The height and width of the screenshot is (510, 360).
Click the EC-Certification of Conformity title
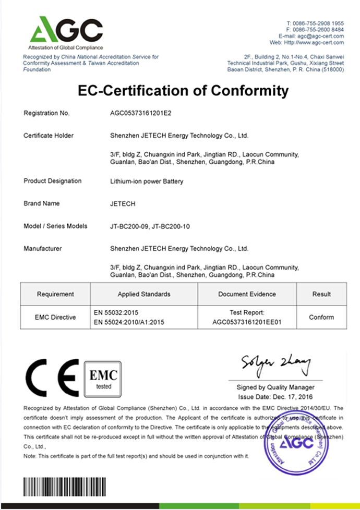[x=183, y=91]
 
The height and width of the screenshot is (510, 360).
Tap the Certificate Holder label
[x=49, y=136]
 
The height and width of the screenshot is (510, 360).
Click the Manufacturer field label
[x=43, y=249]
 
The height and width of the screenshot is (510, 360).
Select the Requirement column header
[x=55, y=294]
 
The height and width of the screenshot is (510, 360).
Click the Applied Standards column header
[x=144, y=294]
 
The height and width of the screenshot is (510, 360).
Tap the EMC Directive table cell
[x=55, y=317]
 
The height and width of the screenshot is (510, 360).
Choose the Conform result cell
[x=321, y=317]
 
